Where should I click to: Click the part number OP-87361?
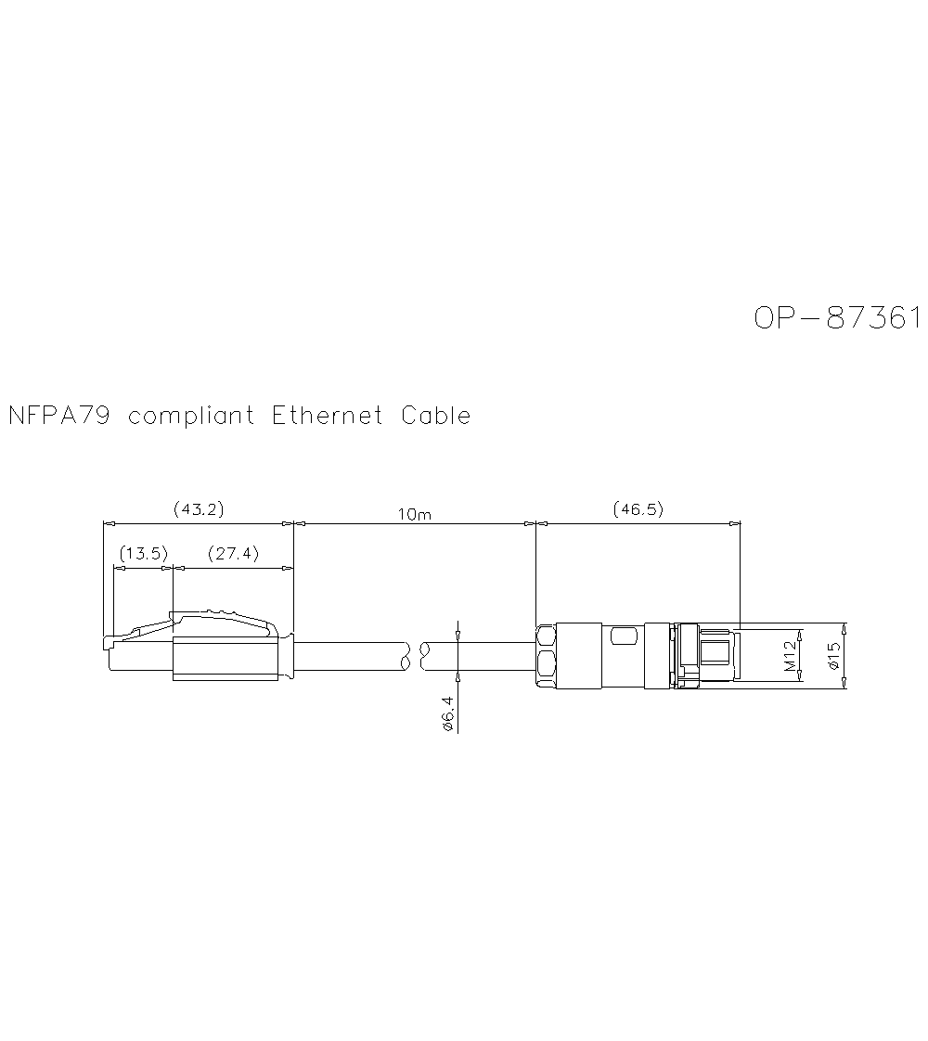click(x=836, y=318)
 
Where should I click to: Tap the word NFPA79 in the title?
click(x=58, y=416)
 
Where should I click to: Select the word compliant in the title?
click(x=190, y=416)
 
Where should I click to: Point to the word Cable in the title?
click(x=435, y=416)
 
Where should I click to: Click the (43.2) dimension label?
click(x=199, y=509)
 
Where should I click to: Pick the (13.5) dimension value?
click(x=143, y=554)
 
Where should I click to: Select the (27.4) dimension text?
click(x=233, y=554)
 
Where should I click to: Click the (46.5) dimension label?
click(x=638, y=509)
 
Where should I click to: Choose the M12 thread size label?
click(x=789, y=655)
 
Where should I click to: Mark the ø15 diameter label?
click(x=832, y=655)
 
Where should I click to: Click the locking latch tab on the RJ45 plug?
click(x=223, y=619)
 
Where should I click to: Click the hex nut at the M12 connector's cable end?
click(x=547, y=656)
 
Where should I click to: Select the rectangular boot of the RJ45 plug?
click(x=225, y=658)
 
